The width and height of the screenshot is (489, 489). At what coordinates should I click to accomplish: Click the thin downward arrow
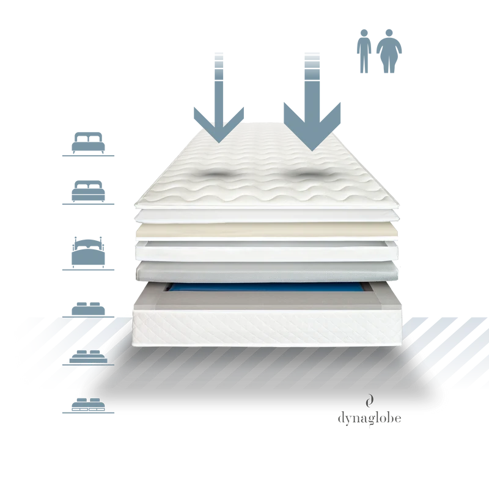[x=219, y=103]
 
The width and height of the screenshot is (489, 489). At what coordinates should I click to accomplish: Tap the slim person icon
[x=364, y=51]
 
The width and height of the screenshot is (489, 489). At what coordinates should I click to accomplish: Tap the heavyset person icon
[x=389, y=51]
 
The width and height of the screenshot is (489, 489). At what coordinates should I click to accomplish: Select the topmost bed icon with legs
[x=88, y=143]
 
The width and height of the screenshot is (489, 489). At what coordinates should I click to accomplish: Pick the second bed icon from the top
[x=88, y=191]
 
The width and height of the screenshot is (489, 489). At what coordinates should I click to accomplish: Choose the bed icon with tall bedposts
[x=88, y=252]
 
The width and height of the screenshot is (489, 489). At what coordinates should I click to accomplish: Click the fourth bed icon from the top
[x=88, y=309]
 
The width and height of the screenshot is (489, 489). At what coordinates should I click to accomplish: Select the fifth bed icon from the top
[x=88, y=357]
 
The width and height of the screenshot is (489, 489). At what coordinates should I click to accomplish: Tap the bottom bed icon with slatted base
[x=88, y=405]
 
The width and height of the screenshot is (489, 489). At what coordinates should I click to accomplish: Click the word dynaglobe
[x=370, y=418]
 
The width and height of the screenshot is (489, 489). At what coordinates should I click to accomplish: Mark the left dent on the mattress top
[x=218, y=175]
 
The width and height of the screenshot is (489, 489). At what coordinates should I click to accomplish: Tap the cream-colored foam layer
[x=267, y=230]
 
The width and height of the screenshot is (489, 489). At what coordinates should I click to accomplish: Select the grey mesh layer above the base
[x=267, y=271]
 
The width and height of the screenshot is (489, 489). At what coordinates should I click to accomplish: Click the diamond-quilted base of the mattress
[x=267, y=328]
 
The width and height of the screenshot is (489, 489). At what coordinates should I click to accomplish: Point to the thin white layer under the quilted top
[x=267, y=215]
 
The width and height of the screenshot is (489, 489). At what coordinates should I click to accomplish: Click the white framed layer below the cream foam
[x=267, y=251]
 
